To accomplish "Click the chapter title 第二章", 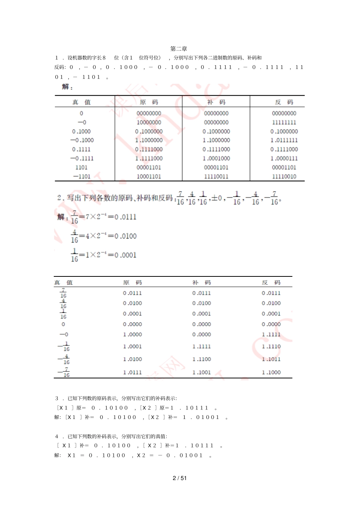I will pyautogui.click(x=178, y=49).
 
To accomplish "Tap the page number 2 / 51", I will pyautogui.click(x=180, y=478).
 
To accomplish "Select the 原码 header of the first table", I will pyautogui.click(x=149, y=102).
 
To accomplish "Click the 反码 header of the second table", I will pyautogui.click(x=271, y=282).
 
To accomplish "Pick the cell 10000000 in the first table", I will pyautogui.click(x=149, y=122).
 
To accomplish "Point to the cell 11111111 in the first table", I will pyautogui.click(x=284, y=122).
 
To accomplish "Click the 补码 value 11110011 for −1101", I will pyautogui.click(x=216, y=176).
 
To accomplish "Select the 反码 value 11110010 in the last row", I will pyautogui.click(x=284, y=176).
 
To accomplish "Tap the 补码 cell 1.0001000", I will pyautogui.click(x=216, y=158).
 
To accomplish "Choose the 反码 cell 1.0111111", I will pyautogui.click(x=284, y=140).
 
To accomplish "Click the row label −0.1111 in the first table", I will pyautogui.click(x=81, y=158).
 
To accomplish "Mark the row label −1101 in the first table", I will pyautogui.click(x=81, y=176).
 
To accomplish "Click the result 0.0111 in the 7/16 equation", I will pyautogui.click(x=125, y=217).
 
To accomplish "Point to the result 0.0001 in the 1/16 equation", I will pyautogui.click(x=125, y=255).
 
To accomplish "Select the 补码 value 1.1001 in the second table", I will pyautogui.click(x=201, y=372).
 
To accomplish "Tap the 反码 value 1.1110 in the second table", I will pyautogui.click(x=271, y=347).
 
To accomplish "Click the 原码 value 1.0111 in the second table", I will pyautogui.click(x=132, y=372).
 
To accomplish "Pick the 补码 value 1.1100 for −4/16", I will pyautogui.click(x=201, y=359).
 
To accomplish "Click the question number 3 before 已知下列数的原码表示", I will pyautogui.click(x=57, y=398).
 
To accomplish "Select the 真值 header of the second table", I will pyautogui.click(x=63, y=282).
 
